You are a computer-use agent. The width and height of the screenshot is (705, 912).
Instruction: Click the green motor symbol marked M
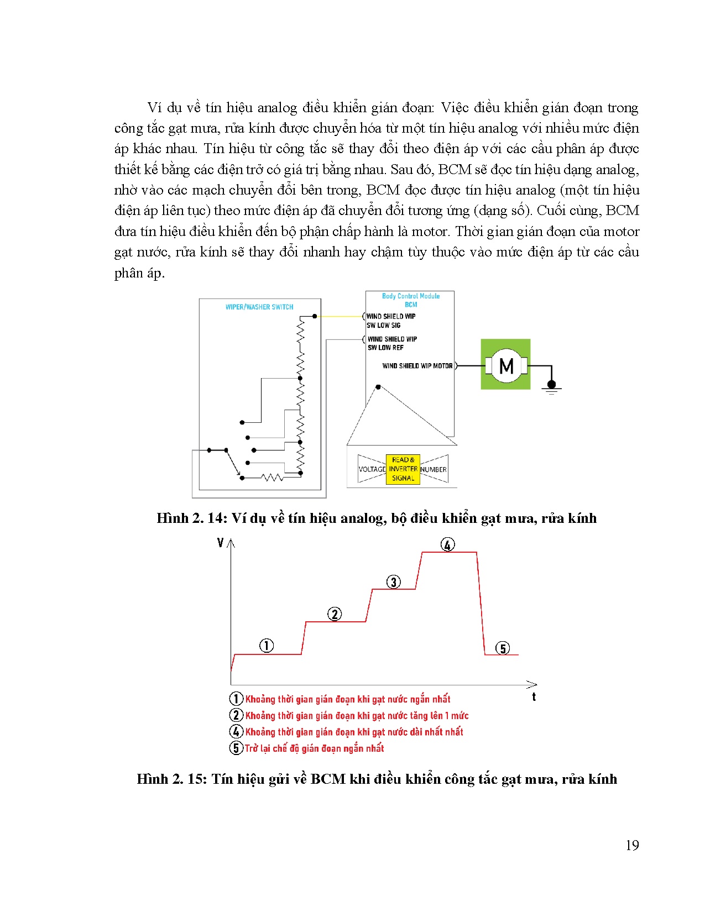(x=505, y=365)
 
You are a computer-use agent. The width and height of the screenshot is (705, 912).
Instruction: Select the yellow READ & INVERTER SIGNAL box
(x=403, y=469)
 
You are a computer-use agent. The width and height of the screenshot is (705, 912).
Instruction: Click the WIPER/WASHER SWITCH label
(x=259, y=307)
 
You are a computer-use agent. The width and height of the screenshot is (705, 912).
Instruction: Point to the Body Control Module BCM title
(x=411, y=300)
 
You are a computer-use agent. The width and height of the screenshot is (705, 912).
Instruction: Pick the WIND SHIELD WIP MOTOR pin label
(x=417, y=366)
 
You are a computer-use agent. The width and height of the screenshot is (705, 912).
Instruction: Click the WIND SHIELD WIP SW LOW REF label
(x=392, y=343)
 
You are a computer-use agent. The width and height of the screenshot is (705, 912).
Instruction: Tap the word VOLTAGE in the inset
(x=372, y=469)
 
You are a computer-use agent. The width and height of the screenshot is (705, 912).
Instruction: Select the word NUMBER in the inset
(x=434, y=469)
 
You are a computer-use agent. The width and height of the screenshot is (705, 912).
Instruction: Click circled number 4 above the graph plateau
(x=447, y=544)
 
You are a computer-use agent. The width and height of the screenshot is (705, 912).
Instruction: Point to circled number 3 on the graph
(x=393, y=581)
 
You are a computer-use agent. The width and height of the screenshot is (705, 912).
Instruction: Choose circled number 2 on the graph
(x=335, y=614)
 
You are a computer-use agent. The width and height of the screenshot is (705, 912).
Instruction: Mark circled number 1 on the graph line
(x=267, y=646)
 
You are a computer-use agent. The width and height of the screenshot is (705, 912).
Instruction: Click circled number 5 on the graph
(x=502, y=648)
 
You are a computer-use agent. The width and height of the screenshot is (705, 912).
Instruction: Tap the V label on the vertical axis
(x=221, y=543)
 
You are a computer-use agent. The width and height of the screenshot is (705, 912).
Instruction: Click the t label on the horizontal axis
(x=534, y=697)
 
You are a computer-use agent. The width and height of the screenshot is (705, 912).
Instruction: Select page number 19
(x=632, y=845)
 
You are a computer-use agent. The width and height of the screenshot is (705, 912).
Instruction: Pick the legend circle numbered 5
(x=236, y=748)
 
